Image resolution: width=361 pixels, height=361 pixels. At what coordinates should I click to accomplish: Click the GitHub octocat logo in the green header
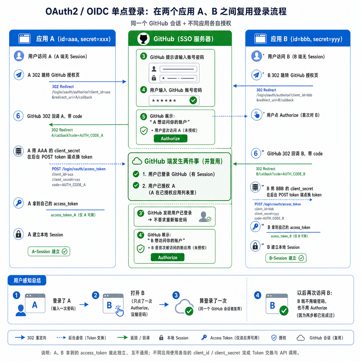(x=143, y=38)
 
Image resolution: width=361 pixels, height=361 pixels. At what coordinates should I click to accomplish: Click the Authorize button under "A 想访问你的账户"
(x=170, y=139)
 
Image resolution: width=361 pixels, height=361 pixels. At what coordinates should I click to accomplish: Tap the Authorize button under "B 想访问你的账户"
(x=167, y=257)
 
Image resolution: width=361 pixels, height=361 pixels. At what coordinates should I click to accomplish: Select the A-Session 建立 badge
(x=49, y=251)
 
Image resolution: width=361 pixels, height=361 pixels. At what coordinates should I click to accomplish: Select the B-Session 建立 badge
(x=286, y=258)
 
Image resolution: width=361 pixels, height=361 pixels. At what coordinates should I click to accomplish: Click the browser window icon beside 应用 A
(x=24, y=39)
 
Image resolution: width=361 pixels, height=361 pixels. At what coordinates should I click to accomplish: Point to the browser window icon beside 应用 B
(x=261, y=39)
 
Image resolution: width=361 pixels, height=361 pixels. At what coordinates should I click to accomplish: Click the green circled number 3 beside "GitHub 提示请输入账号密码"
(x=144, y=56)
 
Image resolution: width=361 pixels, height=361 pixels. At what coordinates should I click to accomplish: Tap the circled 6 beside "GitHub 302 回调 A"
(x=18, y=116)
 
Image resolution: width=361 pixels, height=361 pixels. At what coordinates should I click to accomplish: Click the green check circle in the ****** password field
(x=193, y=100)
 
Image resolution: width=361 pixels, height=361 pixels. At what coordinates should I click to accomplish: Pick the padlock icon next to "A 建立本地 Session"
(x=18, y=234)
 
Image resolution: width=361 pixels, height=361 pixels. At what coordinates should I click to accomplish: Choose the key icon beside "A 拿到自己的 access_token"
(x=18, y=203)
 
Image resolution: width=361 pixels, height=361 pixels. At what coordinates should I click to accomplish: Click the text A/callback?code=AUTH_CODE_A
(x=77, y=135)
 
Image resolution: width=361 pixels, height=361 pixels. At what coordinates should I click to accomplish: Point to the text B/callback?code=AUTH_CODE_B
(x=281, y=174)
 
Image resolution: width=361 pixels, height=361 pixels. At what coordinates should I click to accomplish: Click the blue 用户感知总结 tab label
(x=27, y=280)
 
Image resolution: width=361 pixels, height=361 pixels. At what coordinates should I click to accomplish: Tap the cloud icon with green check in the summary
(x=184, y=307)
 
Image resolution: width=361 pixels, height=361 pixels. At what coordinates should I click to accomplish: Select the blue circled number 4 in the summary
(x=258, y=295)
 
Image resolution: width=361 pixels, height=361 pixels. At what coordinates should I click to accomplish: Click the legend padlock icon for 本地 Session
(x=161, y=338)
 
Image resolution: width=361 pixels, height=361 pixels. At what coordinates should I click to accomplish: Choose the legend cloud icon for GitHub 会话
(x=301, y=338)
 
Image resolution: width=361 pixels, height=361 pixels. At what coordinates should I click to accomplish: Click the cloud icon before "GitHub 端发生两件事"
(x=137, y=161)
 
